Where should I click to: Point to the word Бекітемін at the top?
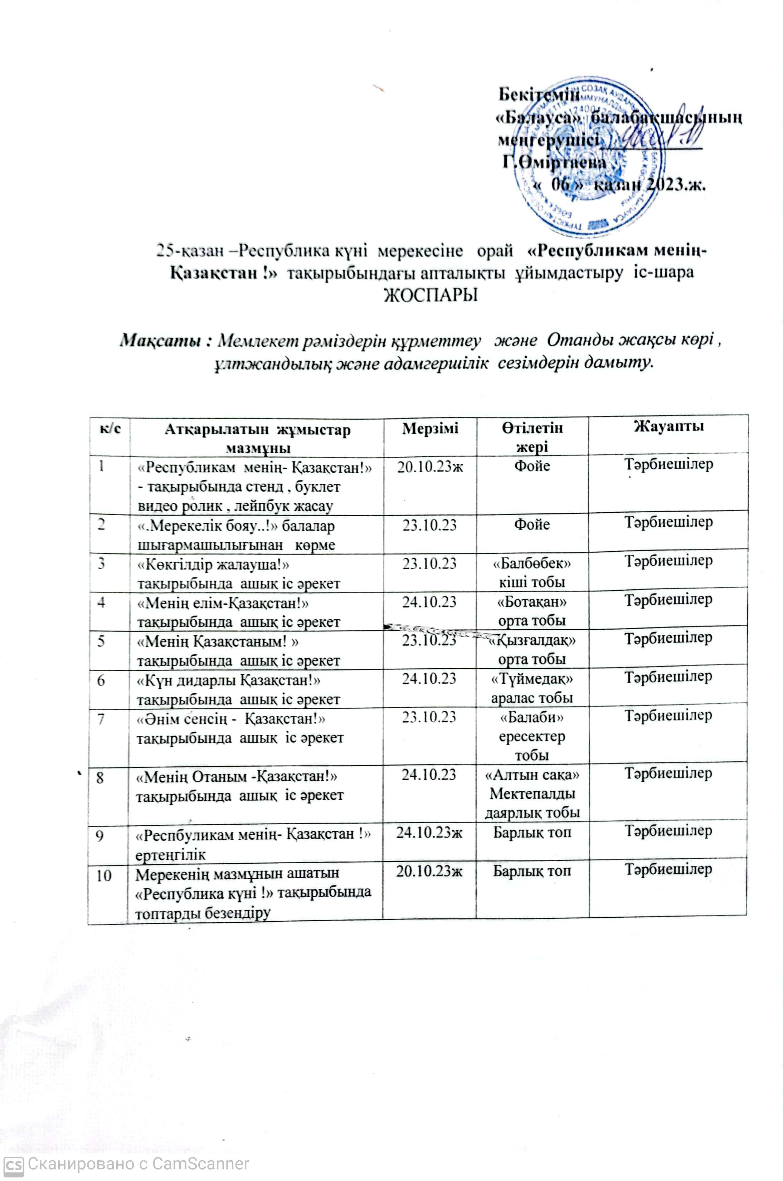pos(540,94)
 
